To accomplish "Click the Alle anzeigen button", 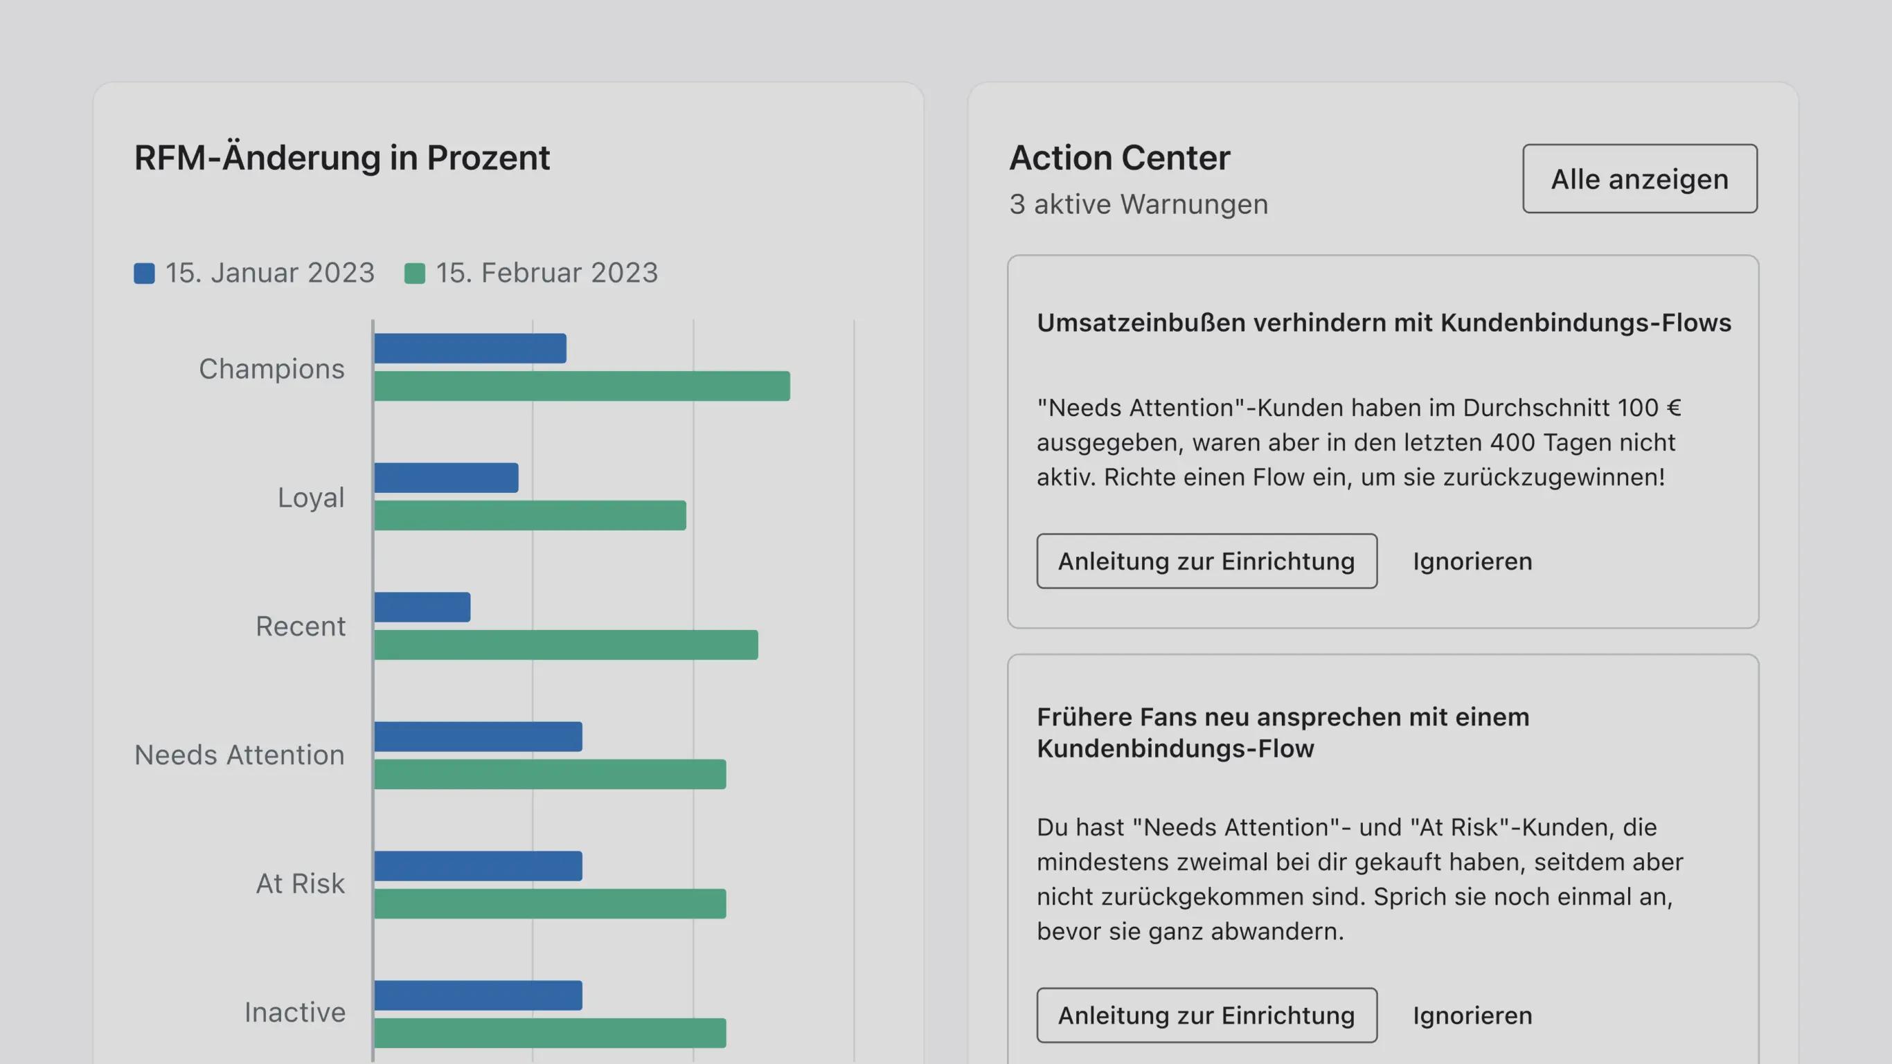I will click(1639, 179).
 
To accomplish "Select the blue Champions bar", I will click(470, 349).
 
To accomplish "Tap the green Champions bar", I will click(582, 386).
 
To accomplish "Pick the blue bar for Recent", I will click(422, 607).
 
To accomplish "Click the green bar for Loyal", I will click(530, 516).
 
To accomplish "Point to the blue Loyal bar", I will click(446, 478).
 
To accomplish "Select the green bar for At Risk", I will click(549, 904).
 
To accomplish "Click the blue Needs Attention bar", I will click(477, 737).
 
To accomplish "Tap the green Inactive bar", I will click(549, 1033).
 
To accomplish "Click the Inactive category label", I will click(294, 1013).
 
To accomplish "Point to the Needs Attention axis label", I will click(240, 755).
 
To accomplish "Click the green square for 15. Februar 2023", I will click(415, 274).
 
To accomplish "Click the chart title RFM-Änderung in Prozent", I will click(341, 158).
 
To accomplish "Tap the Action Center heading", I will click(1119, 158).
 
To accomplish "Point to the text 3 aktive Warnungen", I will click(1139, 204).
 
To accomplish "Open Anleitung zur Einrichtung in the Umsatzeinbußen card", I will click(1206, 561).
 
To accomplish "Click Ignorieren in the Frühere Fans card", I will click(1472, 1016).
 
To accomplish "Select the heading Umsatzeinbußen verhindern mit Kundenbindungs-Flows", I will click(1384, 323).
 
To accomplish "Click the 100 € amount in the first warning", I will click(1648, 408).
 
